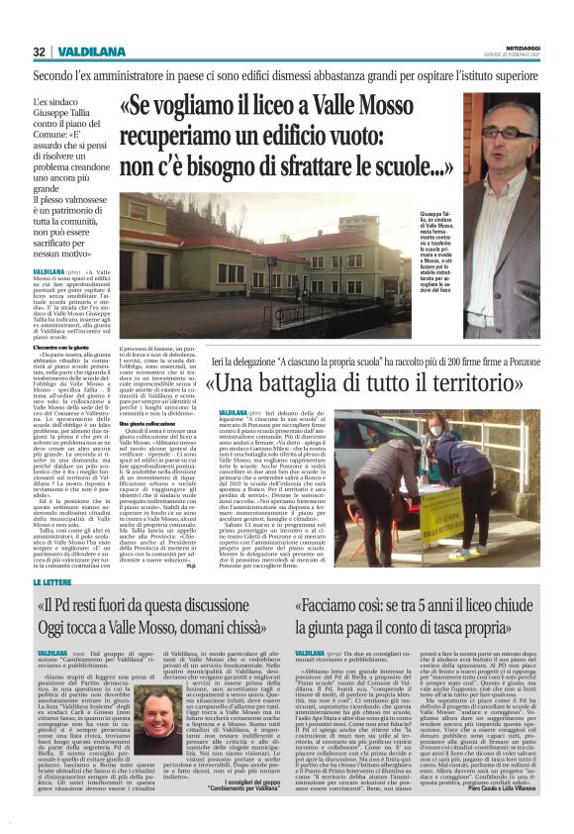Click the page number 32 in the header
click(39, 52)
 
